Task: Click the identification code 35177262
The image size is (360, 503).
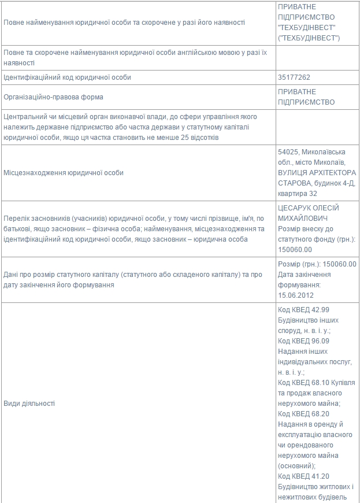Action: click(x=295, y=77)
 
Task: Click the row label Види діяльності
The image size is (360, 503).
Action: click(x=29, y=403)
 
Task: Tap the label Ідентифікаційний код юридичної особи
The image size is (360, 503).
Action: click(x=67, y=77)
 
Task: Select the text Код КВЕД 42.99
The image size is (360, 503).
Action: click(x=303, y=310)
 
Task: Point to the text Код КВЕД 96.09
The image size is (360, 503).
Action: click(x=303, y=341)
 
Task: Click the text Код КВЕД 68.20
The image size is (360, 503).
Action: click(x=303, y=414)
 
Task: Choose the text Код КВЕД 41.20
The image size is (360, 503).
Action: click(x=303, y=476)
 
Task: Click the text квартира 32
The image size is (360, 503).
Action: click(x=298, y=193)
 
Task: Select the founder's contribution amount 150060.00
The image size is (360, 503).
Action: click(x=295, y=250)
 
